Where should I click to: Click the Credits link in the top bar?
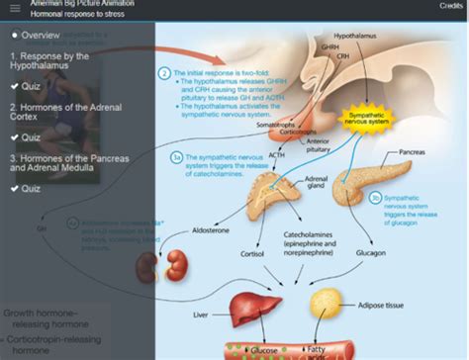click(451, 6)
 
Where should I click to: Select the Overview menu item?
click(41, 35)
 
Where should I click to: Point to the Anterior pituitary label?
click(319, 145)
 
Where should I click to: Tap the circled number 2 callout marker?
click(164, 73)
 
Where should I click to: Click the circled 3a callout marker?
click(175, 155)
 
